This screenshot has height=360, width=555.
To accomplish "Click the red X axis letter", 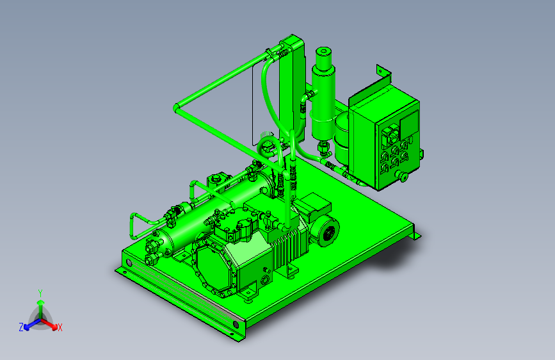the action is coord(60,327).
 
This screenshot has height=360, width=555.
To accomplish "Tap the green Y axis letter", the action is coord(40,293).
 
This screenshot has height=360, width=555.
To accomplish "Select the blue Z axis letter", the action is coord(21,327).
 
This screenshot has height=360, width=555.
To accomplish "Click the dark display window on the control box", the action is coord(409,122).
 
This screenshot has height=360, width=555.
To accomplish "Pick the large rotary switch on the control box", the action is coord(391,135).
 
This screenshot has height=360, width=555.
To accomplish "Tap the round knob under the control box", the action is coord(402,176).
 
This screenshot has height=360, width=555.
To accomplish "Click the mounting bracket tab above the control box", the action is coord(383,72).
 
